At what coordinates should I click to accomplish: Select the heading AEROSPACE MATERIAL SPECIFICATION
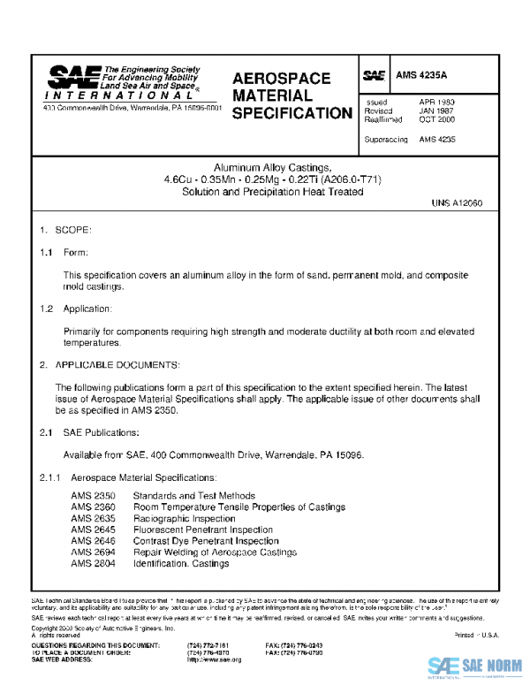tap(291, 95)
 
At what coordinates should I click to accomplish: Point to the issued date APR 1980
tap(436, 102)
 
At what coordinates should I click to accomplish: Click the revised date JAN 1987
tap(436, 111)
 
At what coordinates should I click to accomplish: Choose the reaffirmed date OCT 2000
tap(437, 119)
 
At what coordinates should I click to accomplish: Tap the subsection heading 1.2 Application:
tap(75, 309)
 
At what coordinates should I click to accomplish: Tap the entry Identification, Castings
tap(181, 563)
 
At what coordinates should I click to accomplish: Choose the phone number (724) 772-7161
tap(208, 645)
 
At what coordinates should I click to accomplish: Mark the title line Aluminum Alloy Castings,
tap(272, 167)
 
